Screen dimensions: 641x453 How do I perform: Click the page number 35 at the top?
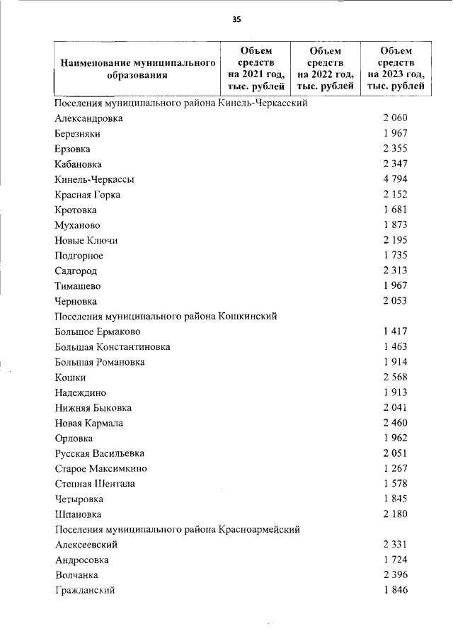pyautogui.click(x=236, y=20)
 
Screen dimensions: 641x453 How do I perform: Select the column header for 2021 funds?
pyautogui.click(x=256, y=68)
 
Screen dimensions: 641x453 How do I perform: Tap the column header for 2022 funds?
pyautogui.click(x=326, y=68)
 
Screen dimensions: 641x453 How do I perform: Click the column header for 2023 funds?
pyautogui.click(x=396, y=68)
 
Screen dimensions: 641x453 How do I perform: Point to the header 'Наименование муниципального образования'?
pyautogui.click(x=137, y=69)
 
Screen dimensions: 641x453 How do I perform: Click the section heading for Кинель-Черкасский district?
pyautogui.click(x=180, y=103)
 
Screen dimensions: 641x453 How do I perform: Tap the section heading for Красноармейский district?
pyautogui.click(x=178, y=529)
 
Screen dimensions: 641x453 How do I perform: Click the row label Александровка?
pyautogui.click(x=88, y=118)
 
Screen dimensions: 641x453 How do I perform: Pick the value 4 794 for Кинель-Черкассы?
pyautogui.click(x=395, y=179)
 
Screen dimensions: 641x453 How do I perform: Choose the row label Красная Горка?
pyautogui.click(x=87, y=195)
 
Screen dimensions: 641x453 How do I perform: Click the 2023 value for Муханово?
pyautogui.click(x=395, y=225)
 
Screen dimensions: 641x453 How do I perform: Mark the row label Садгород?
pyautogui.click(x=76, y=271)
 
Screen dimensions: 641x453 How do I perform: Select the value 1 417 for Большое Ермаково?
pyautogui.click(x=395, y=331)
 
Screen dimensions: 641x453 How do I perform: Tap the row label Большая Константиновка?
pyautogui.click(x=112, y=347)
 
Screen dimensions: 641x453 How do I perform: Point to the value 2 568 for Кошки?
pyautogui.click(x=395, y=378)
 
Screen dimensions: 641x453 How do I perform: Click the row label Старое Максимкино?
pyautogui.click(x=101, y=468)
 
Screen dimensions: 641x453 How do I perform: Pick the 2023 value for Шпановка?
pyautogui.click(x=395, y=514)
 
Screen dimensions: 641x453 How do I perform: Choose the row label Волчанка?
pyautogui.click(x=76, y=574)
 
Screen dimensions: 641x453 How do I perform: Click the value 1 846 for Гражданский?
pyautogui.click(x=395, y=590)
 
